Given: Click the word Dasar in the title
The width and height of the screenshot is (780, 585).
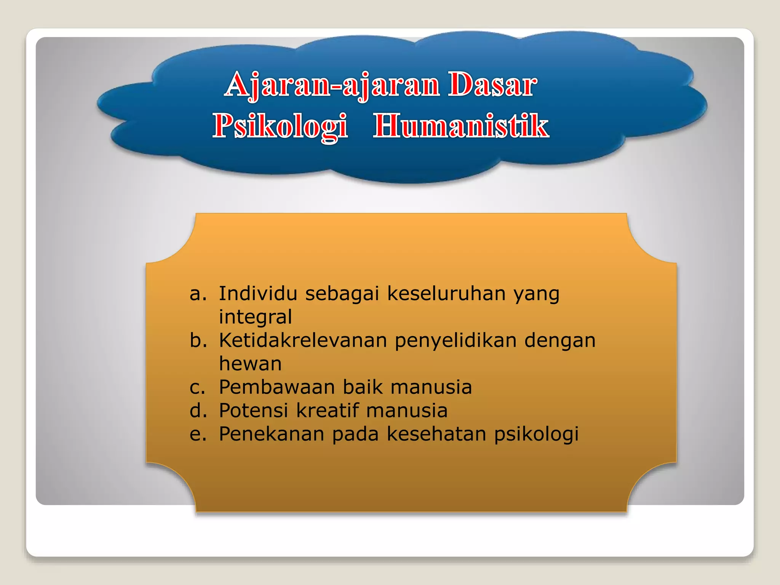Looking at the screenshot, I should click(x=492, y=85).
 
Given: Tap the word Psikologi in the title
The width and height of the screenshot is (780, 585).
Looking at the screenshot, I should click(x=280, y=126).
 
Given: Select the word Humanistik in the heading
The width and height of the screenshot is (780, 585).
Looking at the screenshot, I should click(x=461, y=126).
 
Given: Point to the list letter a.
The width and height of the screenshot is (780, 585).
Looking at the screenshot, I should click(x=198, y=294).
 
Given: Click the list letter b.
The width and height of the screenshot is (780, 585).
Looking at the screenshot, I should click(x=198, y=340).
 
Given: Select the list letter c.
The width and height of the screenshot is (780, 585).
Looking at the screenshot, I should click(x=197, y=387).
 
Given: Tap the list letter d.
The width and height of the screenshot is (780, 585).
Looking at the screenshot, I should click(x=198, y=411).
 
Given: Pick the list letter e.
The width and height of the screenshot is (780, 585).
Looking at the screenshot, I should click(x=198, y=434).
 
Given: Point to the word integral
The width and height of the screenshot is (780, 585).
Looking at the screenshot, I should click(x=255, y=317).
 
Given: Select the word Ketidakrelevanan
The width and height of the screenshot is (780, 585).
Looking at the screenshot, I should click(x=303, y=340).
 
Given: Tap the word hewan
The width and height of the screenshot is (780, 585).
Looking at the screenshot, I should click(x=250, y=364).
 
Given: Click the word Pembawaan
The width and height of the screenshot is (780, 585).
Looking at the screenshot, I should click(x=277, y=387).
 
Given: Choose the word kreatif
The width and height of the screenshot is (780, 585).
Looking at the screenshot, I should click(x=327, y=411).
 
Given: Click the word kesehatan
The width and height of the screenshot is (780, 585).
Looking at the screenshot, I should click(x=436, y=434).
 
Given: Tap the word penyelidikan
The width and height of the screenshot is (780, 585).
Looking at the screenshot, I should click(x=456, y=341).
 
